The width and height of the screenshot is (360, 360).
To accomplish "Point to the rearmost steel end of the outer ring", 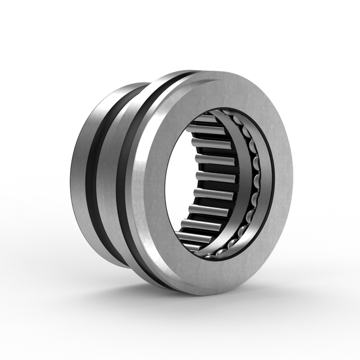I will (77, 170).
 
